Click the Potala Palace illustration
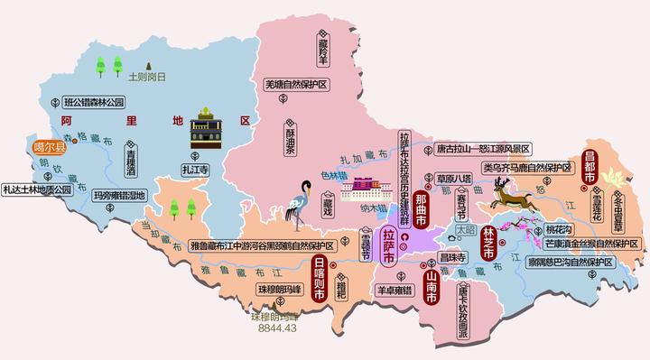point(367,190)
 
